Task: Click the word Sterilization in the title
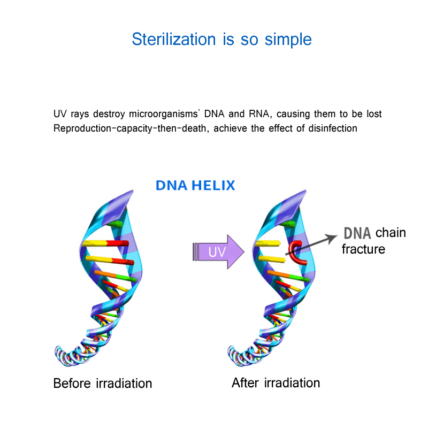coord(174,39)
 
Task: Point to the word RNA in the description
coord(260,113)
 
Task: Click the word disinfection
coord(333,128)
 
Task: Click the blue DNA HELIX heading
coord(195,185)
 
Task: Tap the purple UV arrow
coord(218,251)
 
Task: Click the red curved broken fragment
coord(297,253)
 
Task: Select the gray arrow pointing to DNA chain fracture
coord(311,245)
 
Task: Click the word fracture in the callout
coord(363,249)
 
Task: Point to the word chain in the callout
coord(391,233)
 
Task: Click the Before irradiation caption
coord(103,383)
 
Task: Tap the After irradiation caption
coord(276,383)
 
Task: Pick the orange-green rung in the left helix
coord(116,276)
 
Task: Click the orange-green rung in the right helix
coord(288,276)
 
